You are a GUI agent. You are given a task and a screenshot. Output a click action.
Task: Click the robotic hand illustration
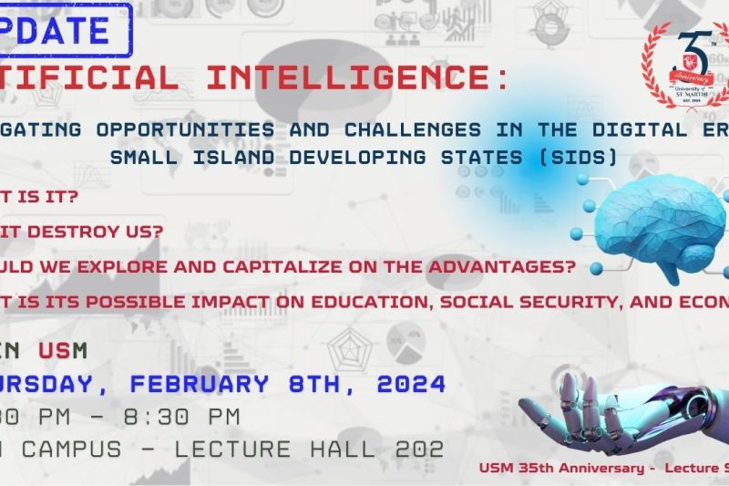click(620, 410)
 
